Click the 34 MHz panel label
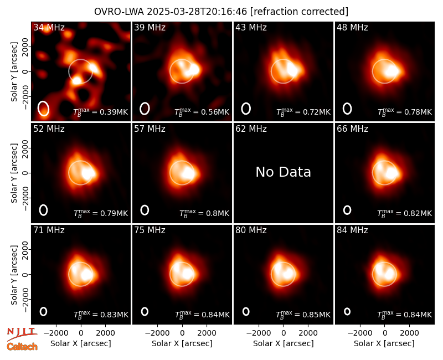click(49, 27)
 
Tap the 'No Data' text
click(283, 172)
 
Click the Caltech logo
click(22, 347)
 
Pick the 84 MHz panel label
click(352, 230)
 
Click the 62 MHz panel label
click(251, 129)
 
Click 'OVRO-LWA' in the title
click(119, 12)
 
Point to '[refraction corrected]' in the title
click(299, 12)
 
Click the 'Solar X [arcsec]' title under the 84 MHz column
click(384, 343)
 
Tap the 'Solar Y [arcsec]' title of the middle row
click(14, 173)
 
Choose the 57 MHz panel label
click(150, 129)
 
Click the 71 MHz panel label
click(49, 230)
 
